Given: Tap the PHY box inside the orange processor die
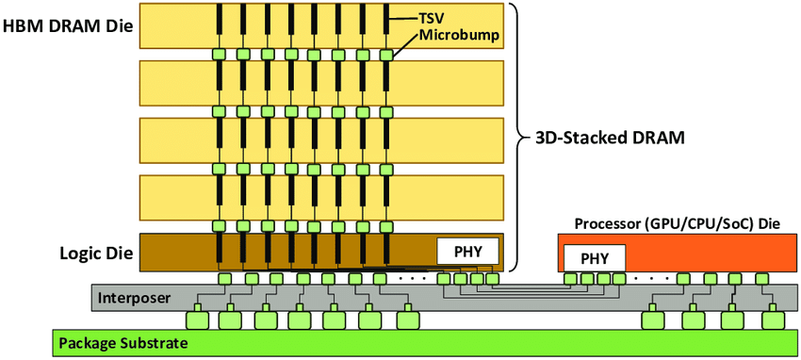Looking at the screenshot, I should (x=594, y=257).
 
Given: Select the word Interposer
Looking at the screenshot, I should (x=134, y=298).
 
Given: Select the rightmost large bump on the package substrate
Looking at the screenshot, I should (x=775, y=320).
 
